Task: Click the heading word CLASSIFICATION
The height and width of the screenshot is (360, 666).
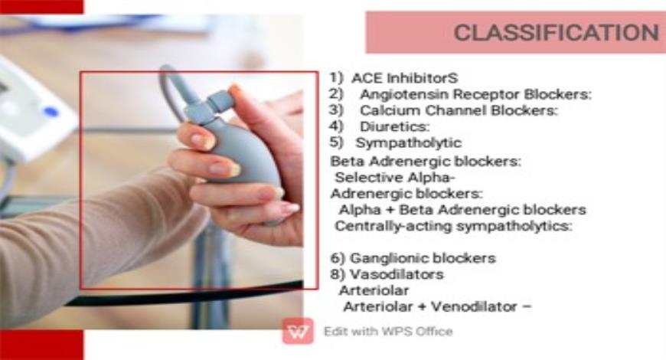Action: (556, 33)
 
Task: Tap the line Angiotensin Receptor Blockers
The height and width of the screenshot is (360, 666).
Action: (475, 94)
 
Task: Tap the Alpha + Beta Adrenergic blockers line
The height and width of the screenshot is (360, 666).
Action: (462, 209)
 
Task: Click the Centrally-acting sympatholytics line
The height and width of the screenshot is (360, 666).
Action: (454, 226)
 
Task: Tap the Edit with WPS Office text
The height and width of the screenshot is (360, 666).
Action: (387, 332)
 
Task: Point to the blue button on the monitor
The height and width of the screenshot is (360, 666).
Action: (51, 112)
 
